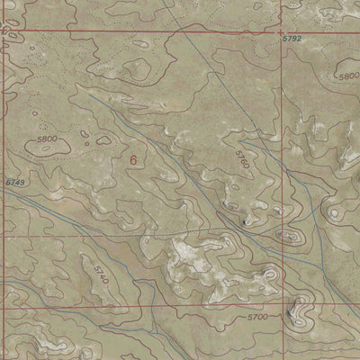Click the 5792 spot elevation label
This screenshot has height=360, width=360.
point(291,40)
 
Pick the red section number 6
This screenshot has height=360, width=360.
point(134,160)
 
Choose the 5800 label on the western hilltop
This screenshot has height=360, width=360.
point(53,139)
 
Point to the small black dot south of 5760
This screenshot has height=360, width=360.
point(247,219)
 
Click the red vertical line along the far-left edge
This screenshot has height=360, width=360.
point(2,180)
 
